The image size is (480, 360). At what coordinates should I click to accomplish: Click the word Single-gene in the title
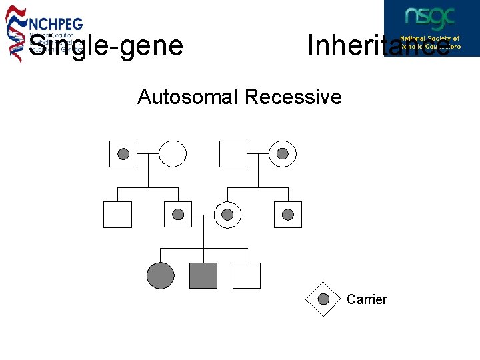click(105, 45)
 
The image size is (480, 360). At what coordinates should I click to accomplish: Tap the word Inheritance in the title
click(377, 45)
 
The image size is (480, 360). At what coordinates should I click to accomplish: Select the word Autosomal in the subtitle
click(187, 97)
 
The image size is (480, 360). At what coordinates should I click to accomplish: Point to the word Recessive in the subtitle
click(293, 97)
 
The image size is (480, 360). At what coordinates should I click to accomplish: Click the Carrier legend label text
click(367, 299)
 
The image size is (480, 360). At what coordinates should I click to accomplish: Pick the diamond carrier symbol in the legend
click(323, 299)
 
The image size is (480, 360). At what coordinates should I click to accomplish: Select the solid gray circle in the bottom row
click(160, 275)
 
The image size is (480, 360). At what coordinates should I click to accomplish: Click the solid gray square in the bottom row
click(203, 275)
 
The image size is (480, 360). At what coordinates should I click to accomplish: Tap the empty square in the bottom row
click(247, 275)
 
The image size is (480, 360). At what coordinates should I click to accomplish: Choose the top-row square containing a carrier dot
click(123, 154)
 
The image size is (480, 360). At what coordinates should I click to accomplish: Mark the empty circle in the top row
click(172, 154)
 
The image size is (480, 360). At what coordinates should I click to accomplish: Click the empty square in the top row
click(233, 154)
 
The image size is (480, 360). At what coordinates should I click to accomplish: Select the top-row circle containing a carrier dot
click(283, 154)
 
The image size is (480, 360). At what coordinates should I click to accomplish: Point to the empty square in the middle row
click(117, 215)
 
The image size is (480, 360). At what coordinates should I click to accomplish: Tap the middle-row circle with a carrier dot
click(227, 215)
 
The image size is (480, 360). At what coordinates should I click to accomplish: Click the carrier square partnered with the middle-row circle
click(178, 215)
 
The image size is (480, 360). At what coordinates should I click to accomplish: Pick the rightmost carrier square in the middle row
click(288, 215)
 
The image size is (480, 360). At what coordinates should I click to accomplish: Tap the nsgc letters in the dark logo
click(431, 17)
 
